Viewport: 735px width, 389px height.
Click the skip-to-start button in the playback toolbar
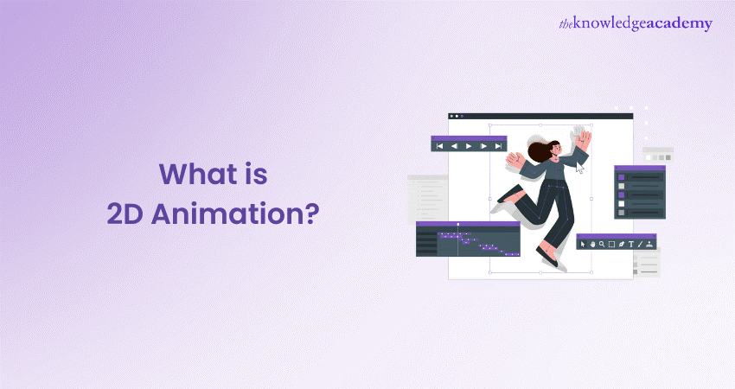(440, 146)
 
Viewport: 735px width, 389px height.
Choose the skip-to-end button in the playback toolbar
(498, 146)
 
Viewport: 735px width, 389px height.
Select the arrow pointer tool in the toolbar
(583, 244)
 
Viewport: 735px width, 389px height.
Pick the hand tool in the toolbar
(592, 244)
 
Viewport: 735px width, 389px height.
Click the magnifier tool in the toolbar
(602, 244)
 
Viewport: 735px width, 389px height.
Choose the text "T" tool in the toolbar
(630, 244)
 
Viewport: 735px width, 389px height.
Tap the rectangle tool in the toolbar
(611, 244)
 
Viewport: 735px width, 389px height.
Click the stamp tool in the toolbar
(649, 244)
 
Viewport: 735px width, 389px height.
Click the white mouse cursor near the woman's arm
(579, 168)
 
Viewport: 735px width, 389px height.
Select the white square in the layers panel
(621, 204)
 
